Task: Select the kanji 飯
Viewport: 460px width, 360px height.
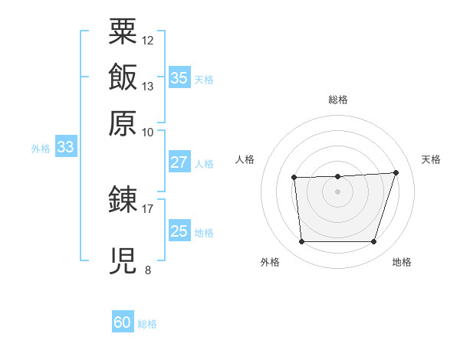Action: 123,77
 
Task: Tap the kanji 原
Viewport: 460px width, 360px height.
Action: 123,123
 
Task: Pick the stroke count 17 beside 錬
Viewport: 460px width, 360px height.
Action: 148,208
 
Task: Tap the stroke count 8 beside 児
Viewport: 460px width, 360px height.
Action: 147,270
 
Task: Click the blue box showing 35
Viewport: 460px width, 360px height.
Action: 179,77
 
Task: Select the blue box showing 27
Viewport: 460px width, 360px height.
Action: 179,162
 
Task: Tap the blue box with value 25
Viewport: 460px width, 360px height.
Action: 179,231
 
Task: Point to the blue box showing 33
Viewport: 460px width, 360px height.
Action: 65,147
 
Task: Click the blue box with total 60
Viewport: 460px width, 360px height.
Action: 123,322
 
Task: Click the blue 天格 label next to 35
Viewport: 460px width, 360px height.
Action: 204,80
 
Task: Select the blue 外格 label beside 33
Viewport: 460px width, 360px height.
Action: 41,149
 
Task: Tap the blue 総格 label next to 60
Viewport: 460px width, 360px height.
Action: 147,324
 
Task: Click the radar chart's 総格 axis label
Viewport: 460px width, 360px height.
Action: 337,99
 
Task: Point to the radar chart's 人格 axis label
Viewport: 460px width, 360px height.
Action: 245,159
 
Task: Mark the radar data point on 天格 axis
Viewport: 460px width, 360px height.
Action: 396,172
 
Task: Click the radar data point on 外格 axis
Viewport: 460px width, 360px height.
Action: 301,242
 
